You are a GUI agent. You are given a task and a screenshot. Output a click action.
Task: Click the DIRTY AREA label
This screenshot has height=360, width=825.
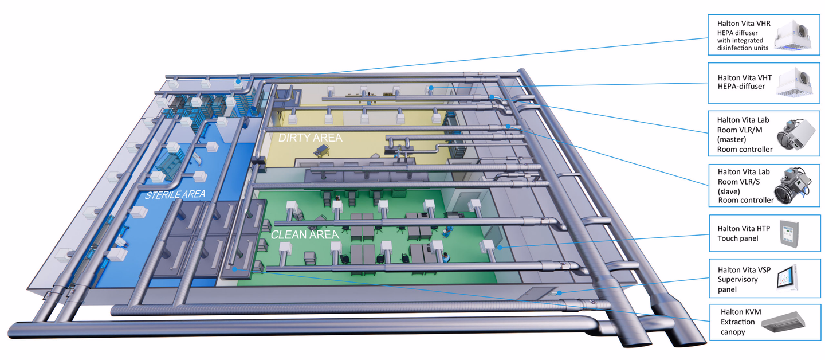pos(310,138)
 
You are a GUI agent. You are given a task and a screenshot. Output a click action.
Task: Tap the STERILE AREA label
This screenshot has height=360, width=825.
pos(175,194)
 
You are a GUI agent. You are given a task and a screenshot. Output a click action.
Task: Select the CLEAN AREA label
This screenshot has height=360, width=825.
pos(305,234)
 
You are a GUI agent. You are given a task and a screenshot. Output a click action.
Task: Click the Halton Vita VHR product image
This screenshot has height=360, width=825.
pos(792,36)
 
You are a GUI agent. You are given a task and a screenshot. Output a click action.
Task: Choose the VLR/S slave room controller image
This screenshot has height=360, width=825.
pos(792,186)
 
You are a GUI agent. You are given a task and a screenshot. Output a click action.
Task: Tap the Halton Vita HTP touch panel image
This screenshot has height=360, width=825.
pos(789,233)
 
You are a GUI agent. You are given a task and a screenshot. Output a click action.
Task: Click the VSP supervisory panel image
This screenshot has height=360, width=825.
pos(787,278)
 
